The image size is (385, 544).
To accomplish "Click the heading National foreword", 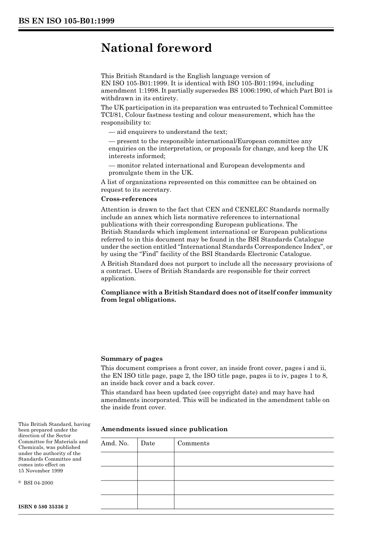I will tap(156, 48).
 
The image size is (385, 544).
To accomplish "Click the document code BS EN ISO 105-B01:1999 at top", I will tap(66, 21).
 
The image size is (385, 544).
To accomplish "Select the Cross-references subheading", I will tap(129, 199).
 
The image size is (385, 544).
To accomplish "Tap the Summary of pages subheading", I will tap(132, 359).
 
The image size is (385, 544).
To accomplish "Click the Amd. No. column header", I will tap(115, 443).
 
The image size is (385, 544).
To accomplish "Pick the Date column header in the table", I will tap(148, 443).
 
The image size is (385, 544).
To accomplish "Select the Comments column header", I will tap(193, 443).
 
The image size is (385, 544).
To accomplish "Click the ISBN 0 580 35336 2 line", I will tap(43, 506).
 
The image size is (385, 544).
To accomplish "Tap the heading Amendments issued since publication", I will tap(164, 429).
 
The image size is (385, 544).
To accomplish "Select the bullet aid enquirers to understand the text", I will tap(168, 132).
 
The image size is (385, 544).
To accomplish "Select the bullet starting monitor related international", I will tap(207, 165).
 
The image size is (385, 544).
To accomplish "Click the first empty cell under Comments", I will tap(254, 459).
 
